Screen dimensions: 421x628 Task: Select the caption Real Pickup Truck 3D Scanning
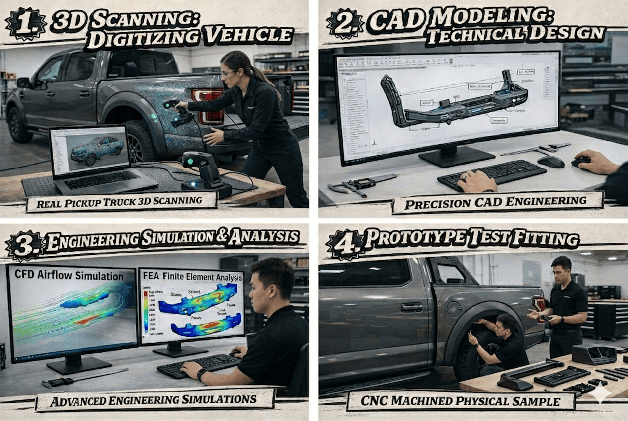pyautogui.click(x=121, y=201)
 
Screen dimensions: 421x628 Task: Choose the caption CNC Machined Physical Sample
pyautogui.click(x=461, y=401)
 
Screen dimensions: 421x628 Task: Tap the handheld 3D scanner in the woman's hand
pyautogui.click(x=172, y=105)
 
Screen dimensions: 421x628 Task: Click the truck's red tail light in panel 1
pyautogui.click(x=208, y=104)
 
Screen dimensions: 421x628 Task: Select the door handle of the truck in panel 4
pyautogui.click(x=411, y=308)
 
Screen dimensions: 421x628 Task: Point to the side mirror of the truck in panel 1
pyautogui.click(x=23, y=83)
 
